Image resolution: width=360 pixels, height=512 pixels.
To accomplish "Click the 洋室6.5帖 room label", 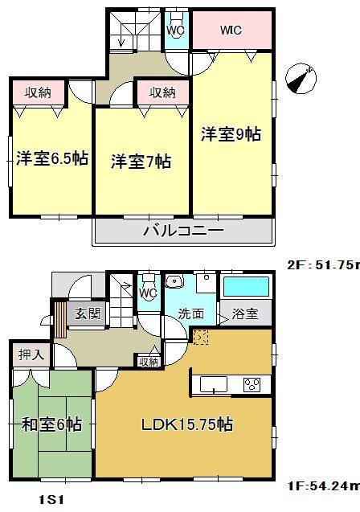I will (x=52, y=158).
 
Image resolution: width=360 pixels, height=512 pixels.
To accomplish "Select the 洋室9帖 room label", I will (x=231, y=134).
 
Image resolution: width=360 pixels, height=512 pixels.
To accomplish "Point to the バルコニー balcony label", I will (x=183, y=231).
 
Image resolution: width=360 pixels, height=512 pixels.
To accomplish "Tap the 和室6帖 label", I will (x=53, y=424).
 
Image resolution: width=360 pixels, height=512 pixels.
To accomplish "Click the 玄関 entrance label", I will (x=88, y=313).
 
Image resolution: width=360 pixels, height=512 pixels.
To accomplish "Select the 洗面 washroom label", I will (x=190, y=313).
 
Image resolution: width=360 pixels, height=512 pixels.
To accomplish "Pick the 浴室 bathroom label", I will (x=246, y=313).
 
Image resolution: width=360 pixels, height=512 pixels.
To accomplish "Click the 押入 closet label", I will (x=33, y=354).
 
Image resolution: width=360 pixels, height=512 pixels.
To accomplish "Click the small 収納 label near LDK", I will (x=149, y=362).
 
